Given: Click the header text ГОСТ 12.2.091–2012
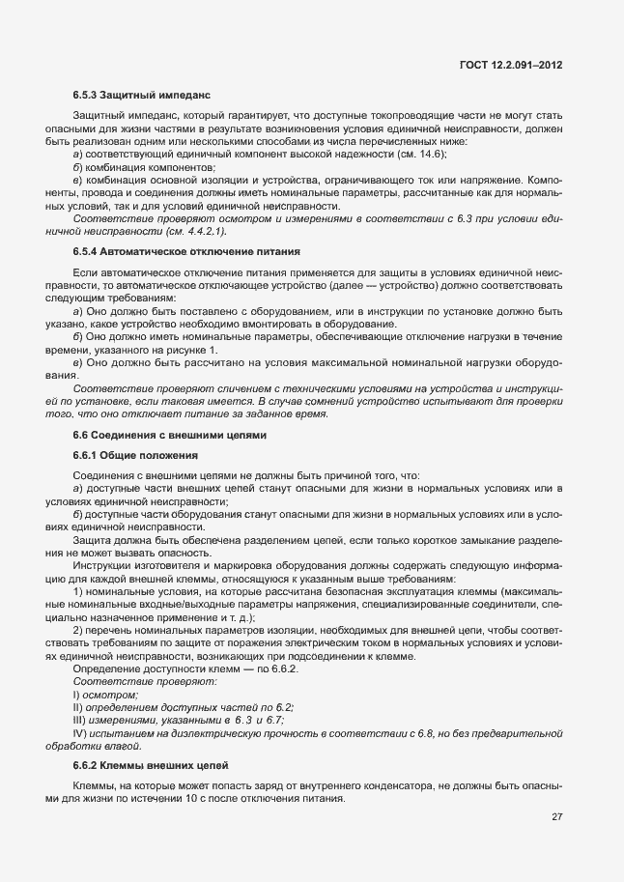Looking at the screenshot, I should [x=512, y=65].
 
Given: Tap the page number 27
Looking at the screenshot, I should [x=556, y=816].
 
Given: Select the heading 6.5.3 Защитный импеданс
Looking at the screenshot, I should [x=141, y=97].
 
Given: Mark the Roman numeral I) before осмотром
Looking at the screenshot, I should [x=77, y=696].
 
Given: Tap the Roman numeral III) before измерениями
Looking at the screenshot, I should [x=81, y=721].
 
